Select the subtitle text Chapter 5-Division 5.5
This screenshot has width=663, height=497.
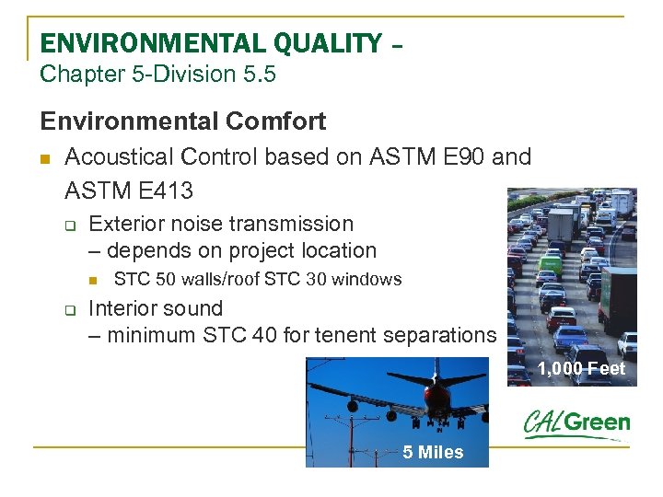click(x=157, y=74)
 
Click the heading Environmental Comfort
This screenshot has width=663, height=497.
click(x=182, y=121)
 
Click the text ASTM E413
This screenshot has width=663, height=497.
click(x=129, y=191)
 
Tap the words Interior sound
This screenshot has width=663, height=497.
click(x=155, y=308)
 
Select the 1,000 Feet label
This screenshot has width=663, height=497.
click(x=581, y=369)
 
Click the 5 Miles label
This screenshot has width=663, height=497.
click(x=433, y=452)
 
